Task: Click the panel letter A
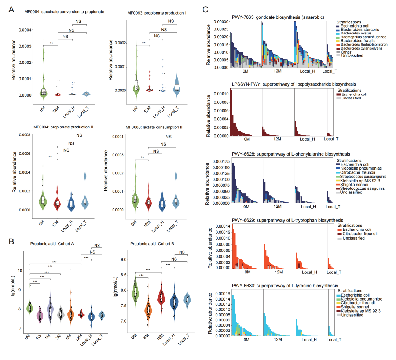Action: click(x=11, y=10)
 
